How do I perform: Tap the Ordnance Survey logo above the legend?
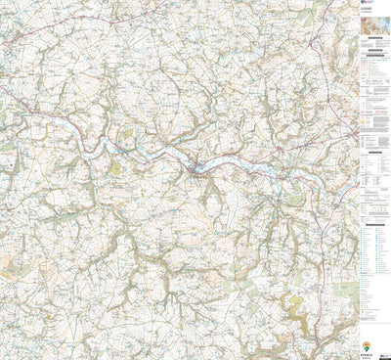click(x=366, y=6)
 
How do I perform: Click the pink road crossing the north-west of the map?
click(x=59, y=39)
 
